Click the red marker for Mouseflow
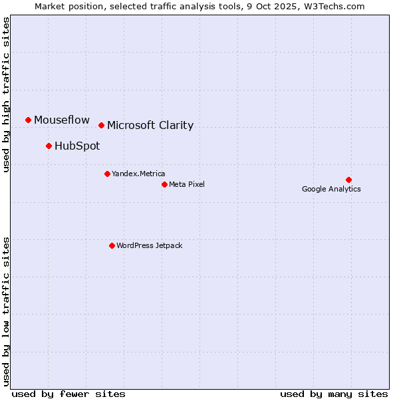point(28,120)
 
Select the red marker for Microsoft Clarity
point(101,125)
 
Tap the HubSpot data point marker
point(49,146)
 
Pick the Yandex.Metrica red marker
point(107,174)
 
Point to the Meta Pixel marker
point(164,184)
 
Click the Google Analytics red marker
point(348,180)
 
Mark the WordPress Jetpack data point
point(112,245)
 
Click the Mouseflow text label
point(62,120)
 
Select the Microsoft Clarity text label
point(150,125)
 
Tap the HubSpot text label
point(77,146)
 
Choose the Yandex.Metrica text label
point(138,174)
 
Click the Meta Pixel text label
point(187,184)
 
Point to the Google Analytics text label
point(331,189)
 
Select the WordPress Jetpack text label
point(149,245)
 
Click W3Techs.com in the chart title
point(335,6)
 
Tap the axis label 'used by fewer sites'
point(68,394)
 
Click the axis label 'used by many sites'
point(334,394)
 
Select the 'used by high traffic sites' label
point(7,94)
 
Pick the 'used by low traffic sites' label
point(7,311)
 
